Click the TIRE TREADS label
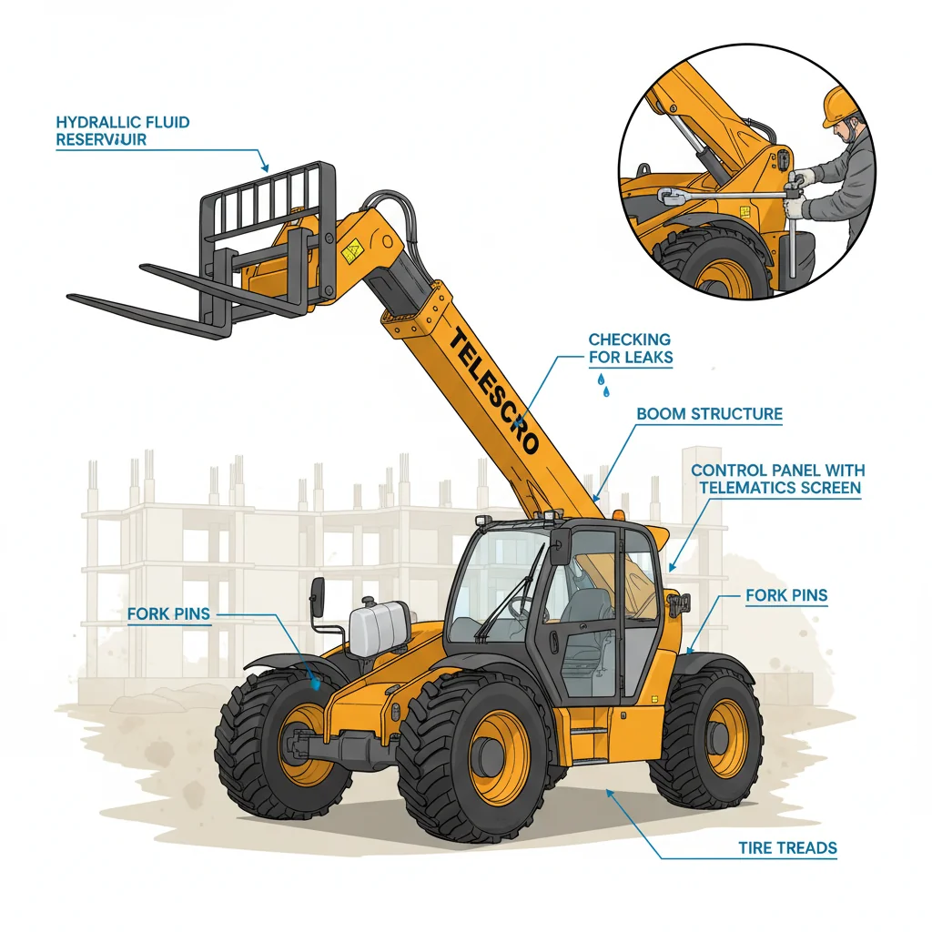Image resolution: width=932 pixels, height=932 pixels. tap(787, 847)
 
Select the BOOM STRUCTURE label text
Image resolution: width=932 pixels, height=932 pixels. tap(710, 414)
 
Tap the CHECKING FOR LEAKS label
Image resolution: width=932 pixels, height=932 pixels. tap(631, 349)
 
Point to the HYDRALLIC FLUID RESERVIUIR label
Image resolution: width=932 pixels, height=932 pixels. tap(123, 131)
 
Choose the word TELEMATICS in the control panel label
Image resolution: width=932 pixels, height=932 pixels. tap(746, 488)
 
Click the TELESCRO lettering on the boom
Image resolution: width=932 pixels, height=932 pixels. tap(492, 391)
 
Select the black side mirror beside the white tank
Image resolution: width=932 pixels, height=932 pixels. tap(318, 597)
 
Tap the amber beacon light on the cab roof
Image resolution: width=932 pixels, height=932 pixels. tap(619, 514)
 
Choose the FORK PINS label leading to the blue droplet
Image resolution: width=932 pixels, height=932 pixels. tap(168, 614)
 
